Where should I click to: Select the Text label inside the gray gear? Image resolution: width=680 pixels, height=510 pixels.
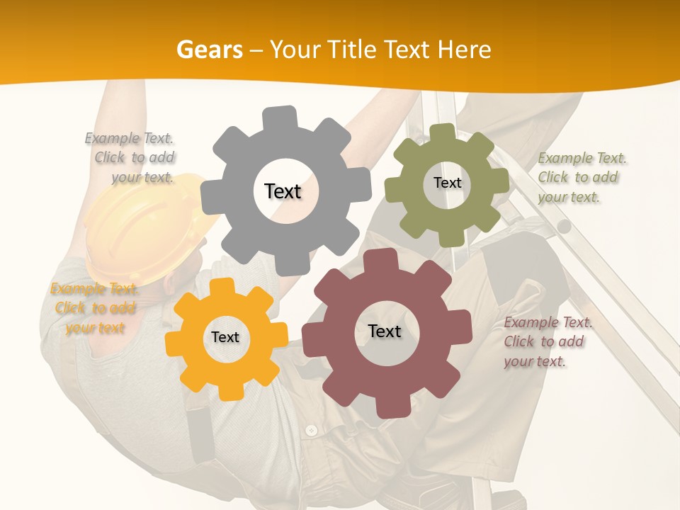tap(283, 191)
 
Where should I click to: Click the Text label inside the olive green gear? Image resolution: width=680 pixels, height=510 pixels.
tap(447, 183)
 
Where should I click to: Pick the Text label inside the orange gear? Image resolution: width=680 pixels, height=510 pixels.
tap(225, 338)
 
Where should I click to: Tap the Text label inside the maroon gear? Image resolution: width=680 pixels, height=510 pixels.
tap(385, 331)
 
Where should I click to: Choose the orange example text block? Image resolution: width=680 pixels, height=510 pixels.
tap(93, 308)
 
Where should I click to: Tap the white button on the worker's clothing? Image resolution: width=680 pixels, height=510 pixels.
tap(311, 430)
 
